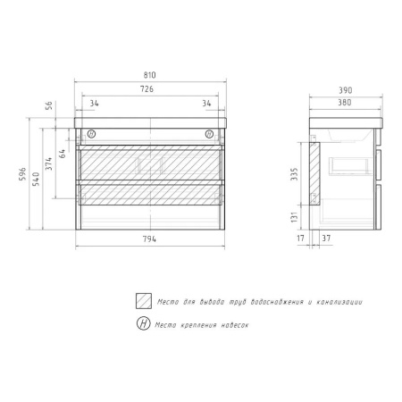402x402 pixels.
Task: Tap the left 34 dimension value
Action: [x=94, y=104]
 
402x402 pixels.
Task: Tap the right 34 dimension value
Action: [x=206, y=104]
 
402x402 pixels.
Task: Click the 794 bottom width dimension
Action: [x=149, y=239]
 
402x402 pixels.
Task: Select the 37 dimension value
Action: [x=326, y=239]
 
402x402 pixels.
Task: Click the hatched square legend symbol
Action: [x=142, y=302]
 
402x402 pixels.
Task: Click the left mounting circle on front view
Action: [x=89, y=135]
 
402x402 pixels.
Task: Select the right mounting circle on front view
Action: [x=211, y=135]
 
